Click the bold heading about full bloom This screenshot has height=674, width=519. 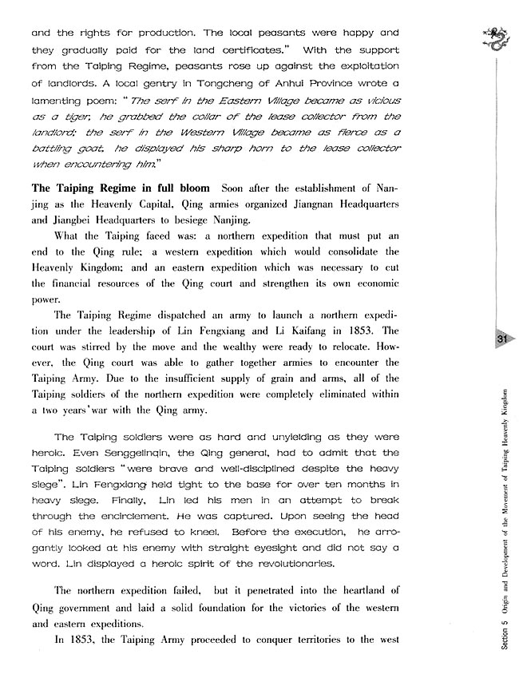pos(120,188)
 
